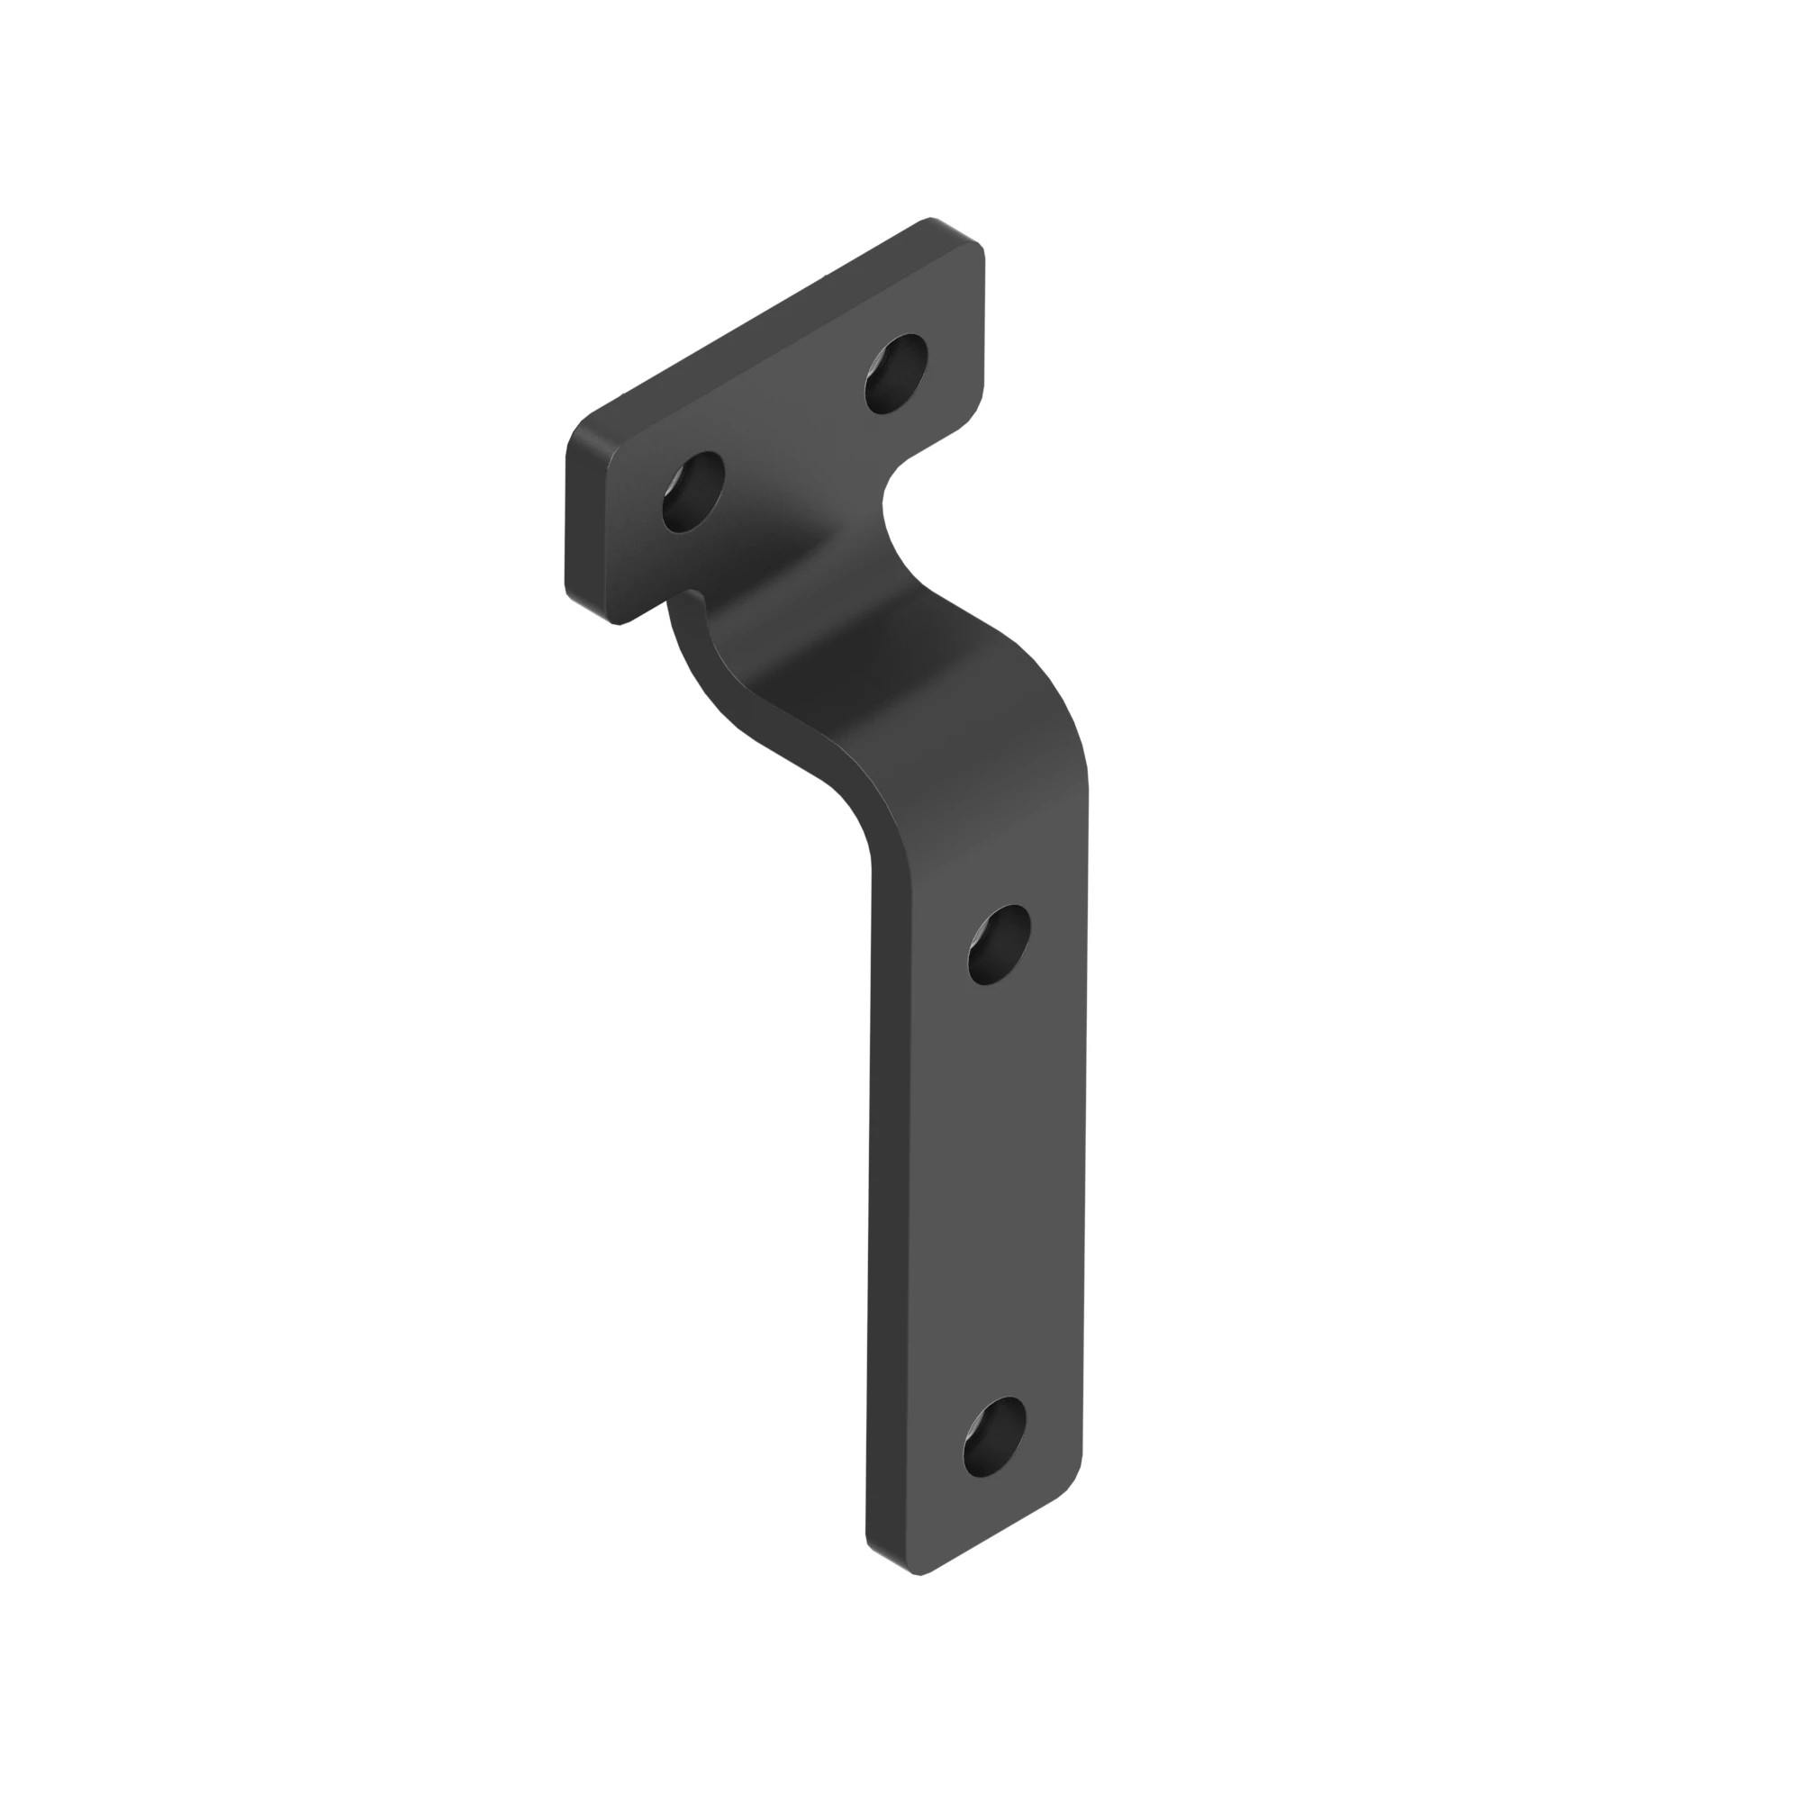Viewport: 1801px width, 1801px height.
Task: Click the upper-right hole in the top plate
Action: [896, 373]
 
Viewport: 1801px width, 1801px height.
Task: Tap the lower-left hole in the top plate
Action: [692, 492]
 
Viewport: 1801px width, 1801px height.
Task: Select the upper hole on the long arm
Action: [999, 945]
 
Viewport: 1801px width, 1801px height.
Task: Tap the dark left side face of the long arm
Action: [891, 1212]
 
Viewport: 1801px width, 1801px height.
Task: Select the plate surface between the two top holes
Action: [792, 429]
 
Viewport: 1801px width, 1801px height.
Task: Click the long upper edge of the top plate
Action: [756, 326]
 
